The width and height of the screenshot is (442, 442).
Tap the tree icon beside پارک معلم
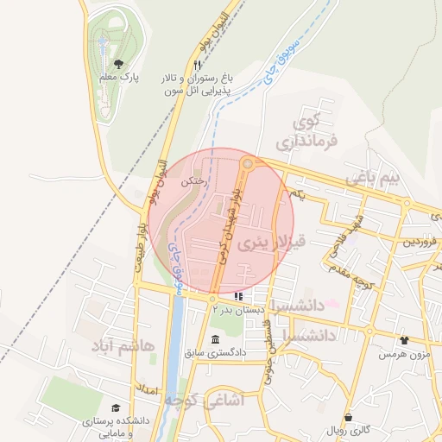coord(119,63)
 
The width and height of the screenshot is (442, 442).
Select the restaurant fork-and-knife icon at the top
coord(198,65)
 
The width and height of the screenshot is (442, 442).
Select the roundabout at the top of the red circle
coord(248,163)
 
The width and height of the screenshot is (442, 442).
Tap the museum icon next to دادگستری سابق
coord(214,340)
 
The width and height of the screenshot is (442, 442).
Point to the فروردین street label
coord(421,242)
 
